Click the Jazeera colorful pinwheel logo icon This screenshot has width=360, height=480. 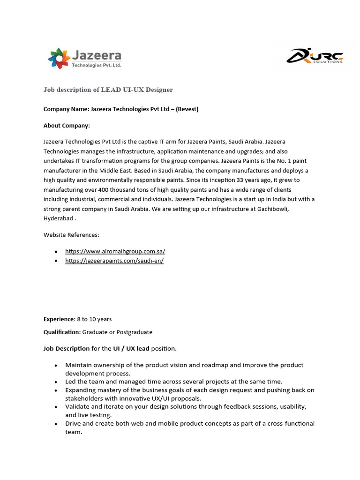pos(59,58)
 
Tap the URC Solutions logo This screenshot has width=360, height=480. pos(315,56)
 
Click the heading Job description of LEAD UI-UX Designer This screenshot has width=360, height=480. pos(108,90)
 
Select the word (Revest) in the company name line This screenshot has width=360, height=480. pos(187,109)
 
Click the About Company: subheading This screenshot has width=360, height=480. pos(67,126)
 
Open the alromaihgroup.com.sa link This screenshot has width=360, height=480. pos(115,251)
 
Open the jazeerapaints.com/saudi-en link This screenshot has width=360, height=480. pos(114,261)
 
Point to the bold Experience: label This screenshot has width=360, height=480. pos(59,319)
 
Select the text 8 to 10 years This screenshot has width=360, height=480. pos(94,319)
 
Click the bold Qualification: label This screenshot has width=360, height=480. pos(62,332)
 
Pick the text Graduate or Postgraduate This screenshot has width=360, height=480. pos(117,332)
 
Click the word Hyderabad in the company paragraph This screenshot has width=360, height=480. pos(59,218)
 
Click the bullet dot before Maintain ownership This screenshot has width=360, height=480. pos(56,365)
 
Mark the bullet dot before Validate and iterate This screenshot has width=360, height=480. pos(56,407)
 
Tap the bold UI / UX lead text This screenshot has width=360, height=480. pos(131,348)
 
